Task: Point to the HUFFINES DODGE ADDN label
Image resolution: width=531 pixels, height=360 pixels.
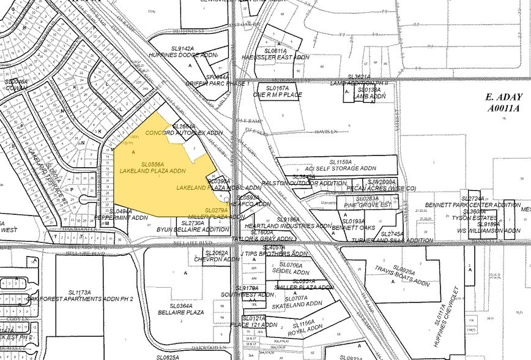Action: pyautogui.click(x=186, y=55)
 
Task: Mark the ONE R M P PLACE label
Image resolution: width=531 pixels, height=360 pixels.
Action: pyautogui.click(x=278, y=96)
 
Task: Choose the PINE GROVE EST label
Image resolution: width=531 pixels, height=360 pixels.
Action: pyautogui.click(x=367, y=205)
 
